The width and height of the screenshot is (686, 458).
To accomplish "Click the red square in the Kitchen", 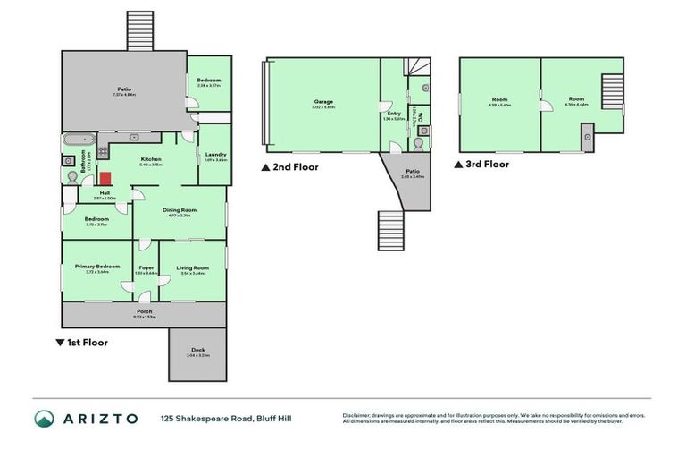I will (x=105, y=179).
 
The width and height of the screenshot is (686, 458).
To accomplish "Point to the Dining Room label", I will (x=180, y=210).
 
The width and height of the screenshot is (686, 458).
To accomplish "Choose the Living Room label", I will (x=192, y=267).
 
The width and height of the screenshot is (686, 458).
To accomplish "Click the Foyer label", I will (x=146, y=267).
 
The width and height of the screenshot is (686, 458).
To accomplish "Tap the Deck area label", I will (x=197, y=351).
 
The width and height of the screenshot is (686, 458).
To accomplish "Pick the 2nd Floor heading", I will (x=293, y=166).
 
